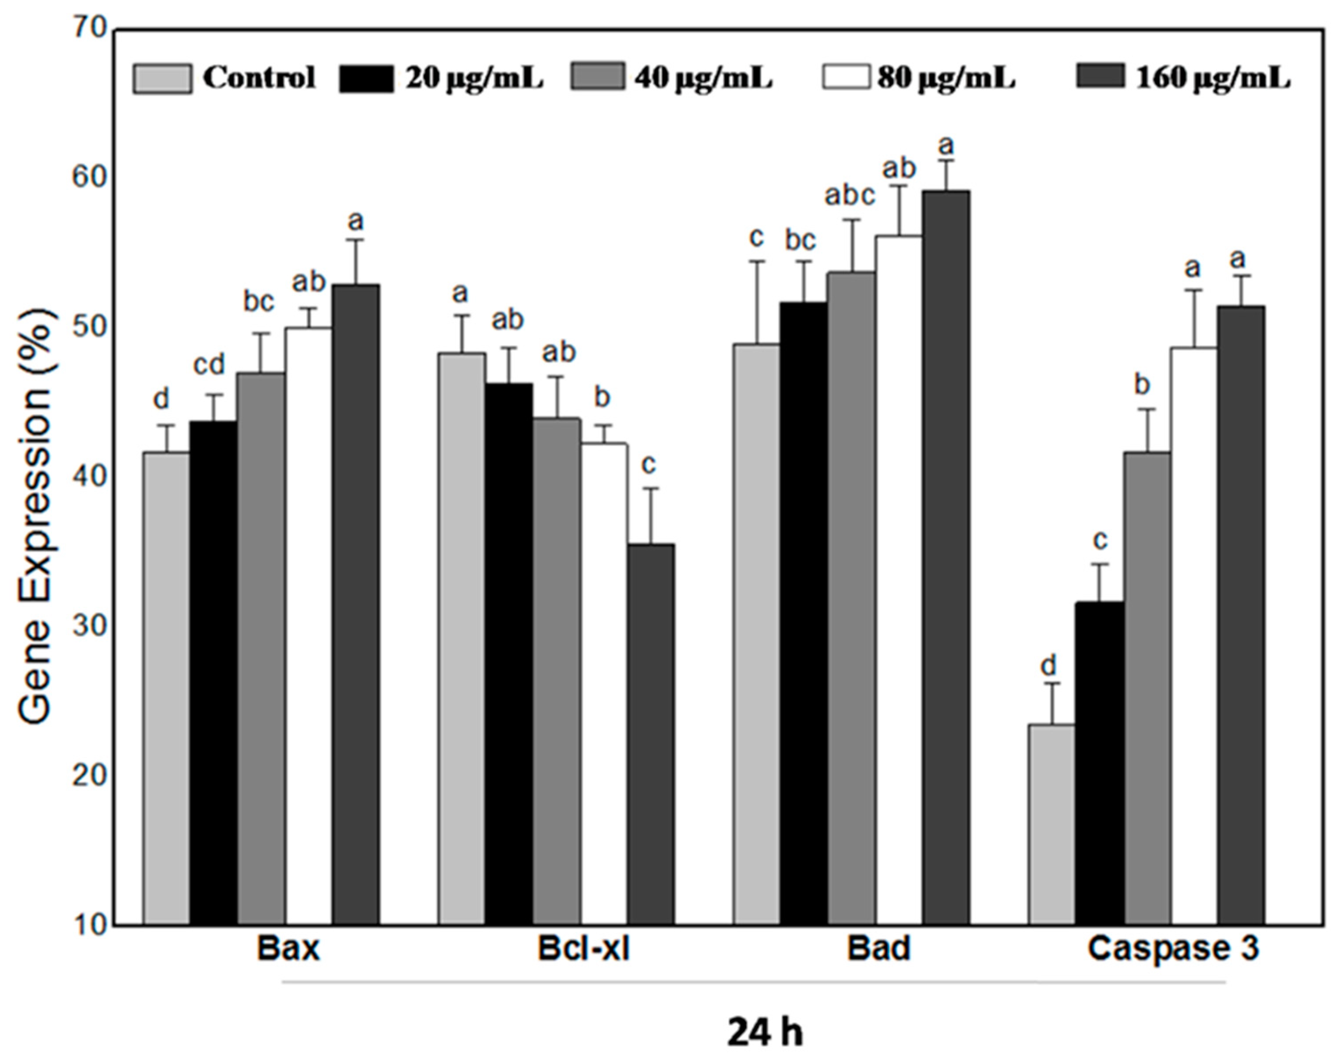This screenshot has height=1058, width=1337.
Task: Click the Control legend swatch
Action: [x=162, y=79]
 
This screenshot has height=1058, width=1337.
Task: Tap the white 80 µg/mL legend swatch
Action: [x=847, y=79]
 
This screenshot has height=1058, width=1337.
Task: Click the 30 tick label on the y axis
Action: [x=91, y=627]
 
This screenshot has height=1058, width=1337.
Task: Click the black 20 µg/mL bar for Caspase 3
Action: [x=1099, y=762]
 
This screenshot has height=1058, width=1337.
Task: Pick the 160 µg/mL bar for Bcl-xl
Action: [x=651, y=734]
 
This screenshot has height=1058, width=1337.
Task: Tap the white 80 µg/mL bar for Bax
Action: [x=308, y=626]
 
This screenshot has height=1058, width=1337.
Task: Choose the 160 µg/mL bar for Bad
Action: [x=946, y=557]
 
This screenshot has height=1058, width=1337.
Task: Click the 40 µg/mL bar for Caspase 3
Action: [x=1147, y=687]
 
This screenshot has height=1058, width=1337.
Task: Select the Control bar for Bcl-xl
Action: [x=462, y=638]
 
